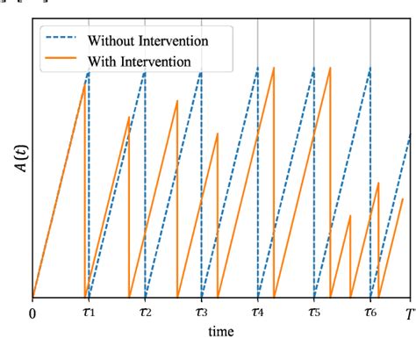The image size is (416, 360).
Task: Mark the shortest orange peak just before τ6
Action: (x=350, y=214)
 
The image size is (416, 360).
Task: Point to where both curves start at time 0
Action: (x=32, y=299)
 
